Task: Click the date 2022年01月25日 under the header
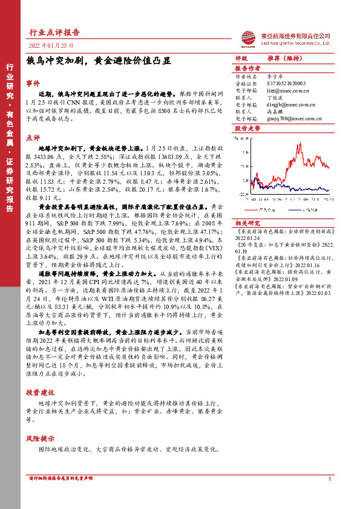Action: [51, 45]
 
